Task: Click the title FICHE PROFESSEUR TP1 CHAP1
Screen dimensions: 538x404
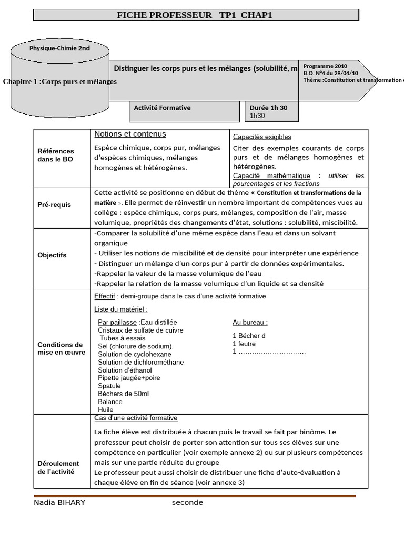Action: point(195,16)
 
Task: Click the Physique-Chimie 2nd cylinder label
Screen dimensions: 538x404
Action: point(59,48)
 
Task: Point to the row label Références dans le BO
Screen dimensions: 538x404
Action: point(56,155)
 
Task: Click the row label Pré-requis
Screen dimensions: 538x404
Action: point(54,204)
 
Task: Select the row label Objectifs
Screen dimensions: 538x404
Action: point(52,255)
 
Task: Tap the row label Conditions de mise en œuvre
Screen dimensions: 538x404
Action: point(61,348)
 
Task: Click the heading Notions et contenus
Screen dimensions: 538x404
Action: point(130,134)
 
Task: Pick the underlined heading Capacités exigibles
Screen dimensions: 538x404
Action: point(262,137)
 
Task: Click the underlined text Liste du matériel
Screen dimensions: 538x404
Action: point(120,309)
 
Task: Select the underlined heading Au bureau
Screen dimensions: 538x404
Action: point(250,322)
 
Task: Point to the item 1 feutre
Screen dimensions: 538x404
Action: point(244,344)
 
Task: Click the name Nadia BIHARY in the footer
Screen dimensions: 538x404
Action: point(59,503)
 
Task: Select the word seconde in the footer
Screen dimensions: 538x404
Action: point(187,503)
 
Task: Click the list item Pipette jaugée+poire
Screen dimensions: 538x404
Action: point(129,378)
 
